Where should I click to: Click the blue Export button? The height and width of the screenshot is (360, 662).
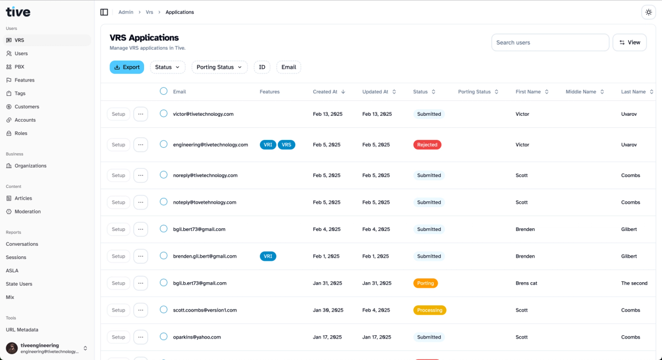pos(127,67)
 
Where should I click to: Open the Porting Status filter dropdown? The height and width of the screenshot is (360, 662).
pos(220,67)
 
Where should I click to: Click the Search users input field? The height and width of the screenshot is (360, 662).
pos(550,42)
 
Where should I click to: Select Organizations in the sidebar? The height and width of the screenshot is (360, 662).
pos(30,166)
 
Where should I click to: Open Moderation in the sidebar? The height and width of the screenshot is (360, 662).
pos(28,212)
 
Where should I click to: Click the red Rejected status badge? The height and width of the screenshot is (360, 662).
pos(427,145)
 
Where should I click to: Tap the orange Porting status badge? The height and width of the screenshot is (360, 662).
pos(425,283)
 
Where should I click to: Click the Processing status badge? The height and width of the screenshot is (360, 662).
pos(429,310)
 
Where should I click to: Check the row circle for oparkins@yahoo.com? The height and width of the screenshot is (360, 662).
pos(163,337)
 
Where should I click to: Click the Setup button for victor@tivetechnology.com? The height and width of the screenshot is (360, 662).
pos(119,114)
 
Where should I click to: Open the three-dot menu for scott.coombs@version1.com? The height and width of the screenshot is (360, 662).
pos(141,310)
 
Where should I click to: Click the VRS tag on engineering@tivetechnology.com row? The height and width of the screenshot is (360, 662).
pos(286,145)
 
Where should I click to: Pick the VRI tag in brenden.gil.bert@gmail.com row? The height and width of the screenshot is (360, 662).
pos(268,256)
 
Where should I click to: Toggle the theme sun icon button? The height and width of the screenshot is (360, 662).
pos(648,12)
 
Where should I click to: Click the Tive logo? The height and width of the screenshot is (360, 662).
pos(18,12)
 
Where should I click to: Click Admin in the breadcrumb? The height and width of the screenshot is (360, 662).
pos(126,12)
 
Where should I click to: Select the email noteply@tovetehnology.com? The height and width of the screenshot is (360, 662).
pos(205,202)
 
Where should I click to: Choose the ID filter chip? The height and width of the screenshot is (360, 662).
pos(262,67)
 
